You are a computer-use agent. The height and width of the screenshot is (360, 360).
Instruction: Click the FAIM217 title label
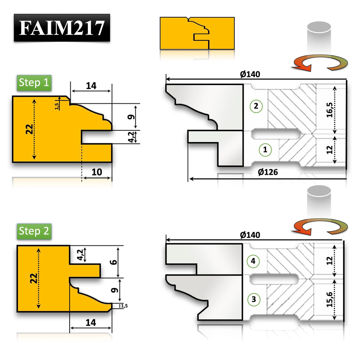click(62, 28)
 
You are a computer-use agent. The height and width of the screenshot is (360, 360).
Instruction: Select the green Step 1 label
click(34, 83)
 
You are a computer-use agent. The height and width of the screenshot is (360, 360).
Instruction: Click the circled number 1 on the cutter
click(265, 150)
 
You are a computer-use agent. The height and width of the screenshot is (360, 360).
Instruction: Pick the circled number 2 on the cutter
click(256, 106)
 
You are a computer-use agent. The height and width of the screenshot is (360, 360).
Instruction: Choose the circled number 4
click(253, 261)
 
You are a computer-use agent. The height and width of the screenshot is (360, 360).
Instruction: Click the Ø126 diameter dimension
click(268, 172)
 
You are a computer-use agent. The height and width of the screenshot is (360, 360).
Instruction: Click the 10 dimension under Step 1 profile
click(97, 172)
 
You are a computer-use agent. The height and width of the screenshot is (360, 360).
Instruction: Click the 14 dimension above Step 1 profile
click(91, 85)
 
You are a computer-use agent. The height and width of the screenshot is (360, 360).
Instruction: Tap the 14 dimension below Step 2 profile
click(91, 322)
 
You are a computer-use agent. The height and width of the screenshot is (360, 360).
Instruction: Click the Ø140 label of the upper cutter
click(250, 75)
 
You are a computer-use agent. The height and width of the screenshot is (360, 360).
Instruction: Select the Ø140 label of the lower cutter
click(250, 235)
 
